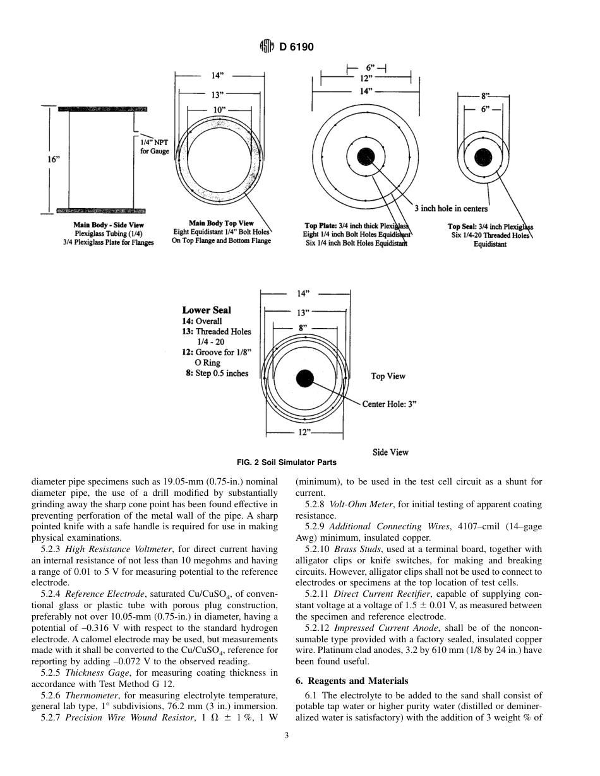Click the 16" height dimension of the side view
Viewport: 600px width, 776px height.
click(54, 160)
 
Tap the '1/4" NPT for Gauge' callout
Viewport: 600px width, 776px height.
click(154, 147)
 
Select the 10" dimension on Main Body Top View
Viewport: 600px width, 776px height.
click(218, 111)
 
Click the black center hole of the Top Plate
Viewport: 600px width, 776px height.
click(366, 156)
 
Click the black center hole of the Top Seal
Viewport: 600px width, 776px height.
click(483, 158)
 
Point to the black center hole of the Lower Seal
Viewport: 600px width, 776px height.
click(305, 379)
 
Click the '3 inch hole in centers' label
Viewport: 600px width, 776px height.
click(450, 209)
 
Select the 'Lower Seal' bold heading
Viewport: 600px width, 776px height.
click(207, 310)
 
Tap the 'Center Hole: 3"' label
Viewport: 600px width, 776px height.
click(389, 404)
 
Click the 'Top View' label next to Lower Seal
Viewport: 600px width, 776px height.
click(388, 376)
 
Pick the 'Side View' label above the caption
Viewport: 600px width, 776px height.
click(390, 452)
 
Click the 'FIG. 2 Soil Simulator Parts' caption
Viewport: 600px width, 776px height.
click(286, 462)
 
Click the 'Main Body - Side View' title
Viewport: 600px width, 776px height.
click(108, 225)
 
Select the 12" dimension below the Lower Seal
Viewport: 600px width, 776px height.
click(304, 432)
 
